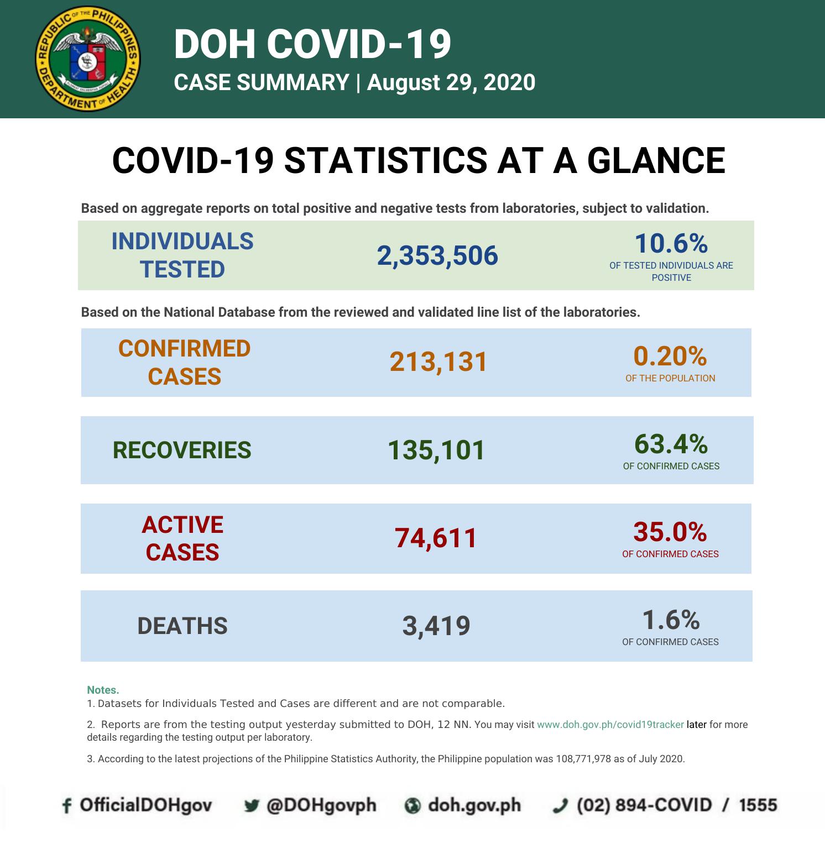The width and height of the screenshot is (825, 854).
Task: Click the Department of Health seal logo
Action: [x=87, y=59]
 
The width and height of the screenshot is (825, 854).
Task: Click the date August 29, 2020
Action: [x=451, y=82]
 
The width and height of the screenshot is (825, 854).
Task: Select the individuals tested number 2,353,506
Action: [x=437, y=256]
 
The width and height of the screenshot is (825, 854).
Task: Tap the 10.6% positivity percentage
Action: [x=671, y=244]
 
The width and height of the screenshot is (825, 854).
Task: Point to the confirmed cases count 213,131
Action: [x=438, y=362]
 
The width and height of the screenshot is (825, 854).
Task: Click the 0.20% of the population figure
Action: [x=670, y=357]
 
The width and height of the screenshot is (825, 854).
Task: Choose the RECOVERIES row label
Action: [x=182, y=450]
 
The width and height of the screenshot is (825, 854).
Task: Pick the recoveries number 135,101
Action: [x=436, y=450]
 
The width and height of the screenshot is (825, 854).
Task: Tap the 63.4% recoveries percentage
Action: [x=671, y=444]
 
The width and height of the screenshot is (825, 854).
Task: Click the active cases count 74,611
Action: [x=436, y=538]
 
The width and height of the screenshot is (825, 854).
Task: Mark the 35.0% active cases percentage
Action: [x=670, y=532]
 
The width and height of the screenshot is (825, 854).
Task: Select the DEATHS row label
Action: [x=182, y=626]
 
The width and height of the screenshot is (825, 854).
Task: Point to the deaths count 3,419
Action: [x=436, y=626]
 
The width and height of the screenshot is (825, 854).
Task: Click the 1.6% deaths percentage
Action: [x=671, y=620]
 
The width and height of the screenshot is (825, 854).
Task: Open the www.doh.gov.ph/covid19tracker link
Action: [x=610, y=724]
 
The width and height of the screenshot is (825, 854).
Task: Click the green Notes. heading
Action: [x=103, y=690]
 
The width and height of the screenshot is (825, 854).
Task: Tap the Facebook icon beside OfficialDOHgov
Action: [x=67, y=806]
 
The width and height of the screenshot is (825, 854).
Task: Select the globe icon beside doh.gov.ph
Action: [x=412, y=806]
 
